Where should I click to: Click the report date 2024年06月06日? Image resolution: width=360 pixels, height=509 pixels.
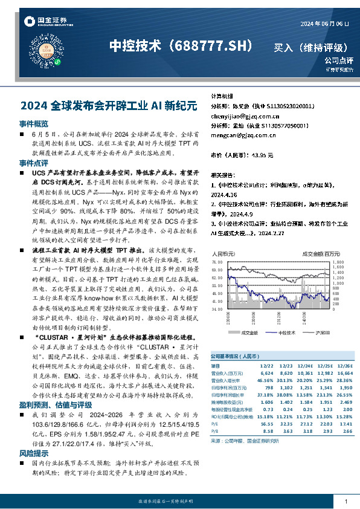coord(325,23)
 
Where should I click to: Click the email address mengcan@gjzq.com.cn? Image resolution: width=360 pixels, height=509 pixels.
coord(239,135)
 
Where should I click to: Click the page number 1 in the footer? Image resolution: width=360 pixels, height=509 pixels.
coord(344,502)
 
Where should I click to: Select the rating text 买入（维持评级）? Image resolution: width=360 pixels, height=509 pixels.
coord(310,47)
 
